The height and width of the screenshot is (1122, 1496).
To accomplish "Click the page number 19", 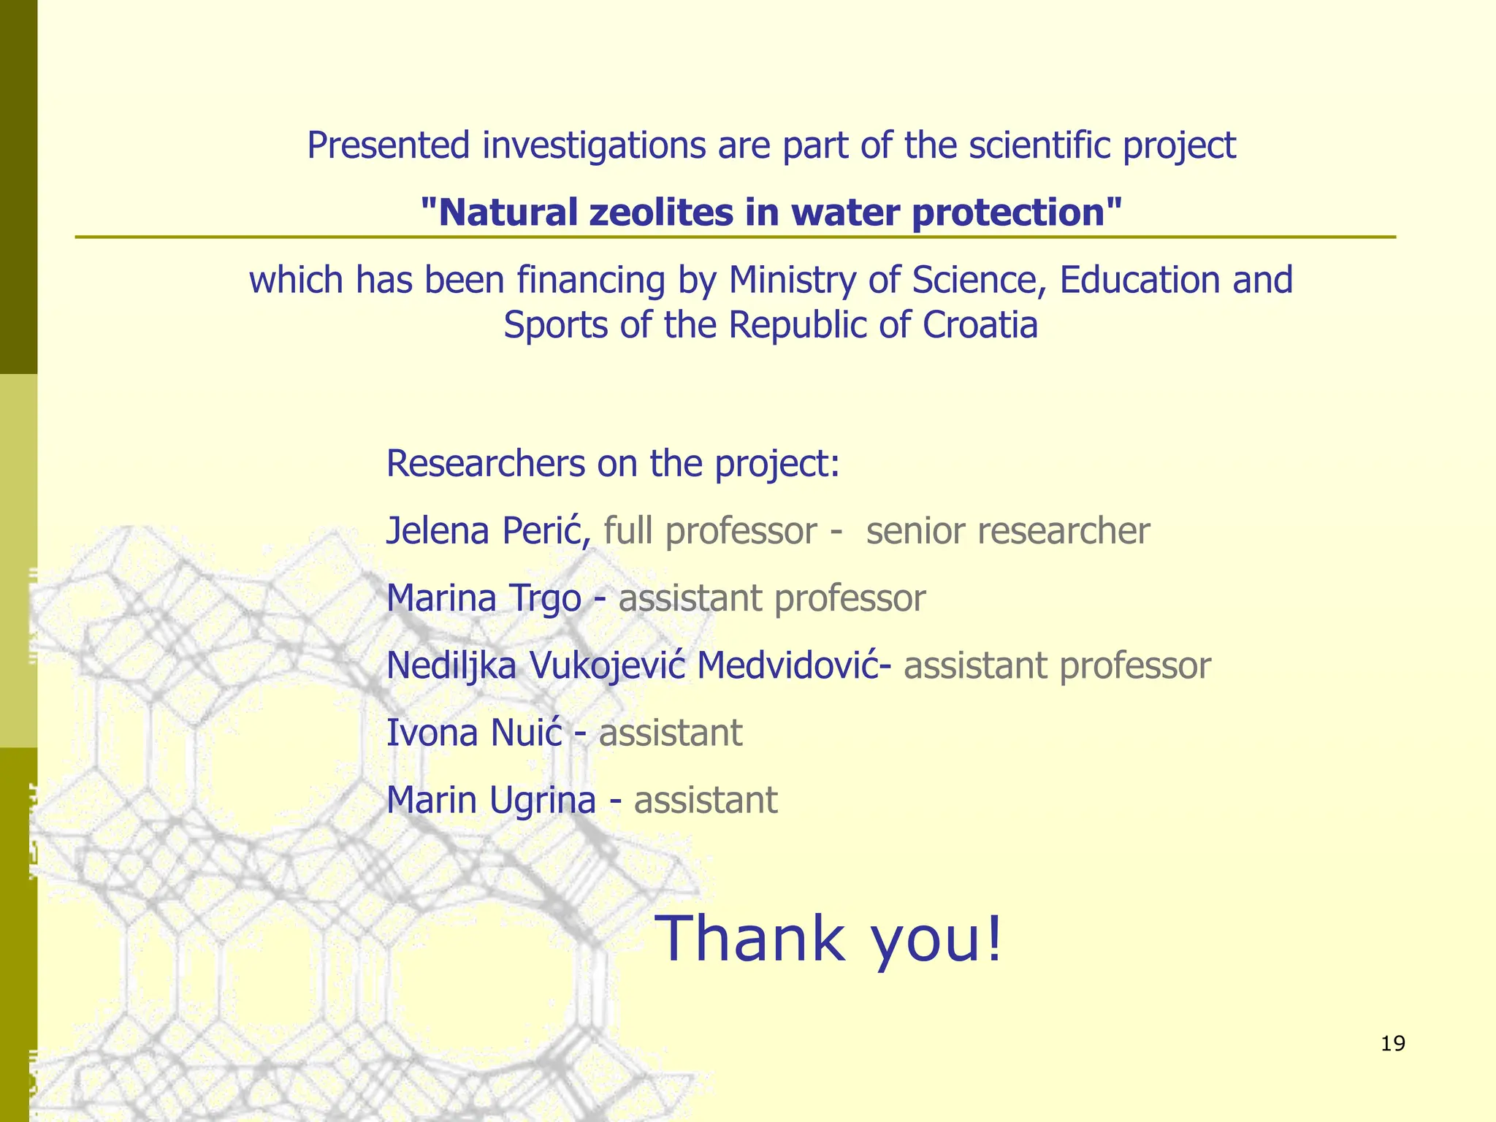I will pyautogui.click(x=1393, y=1044).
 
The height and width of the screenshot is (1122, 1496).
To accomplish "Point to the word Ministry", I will pyautogui.click(x=793, y=280).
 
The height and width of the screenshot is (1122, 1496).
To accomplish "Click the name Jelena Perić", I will pyautogui.click(x=488, y=531).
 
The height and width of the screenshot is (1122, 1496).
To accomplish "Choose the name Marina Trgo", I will pyautogui.click(x=484, y=598).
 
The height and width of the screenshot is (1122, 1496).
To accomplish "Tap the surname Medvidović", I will pyautogui.click(x=787, y=665).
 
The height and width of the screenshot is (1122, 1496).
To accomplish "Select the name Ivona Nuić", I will pyautogui.click(x=474, y=733).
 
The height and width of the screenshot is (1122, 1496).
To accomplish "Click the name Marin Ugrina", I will pyautogui.click(x=491, y=800).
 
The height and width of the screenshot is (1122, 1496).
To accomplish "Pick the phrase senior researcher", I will pyautogui.click(x=1008, y=531).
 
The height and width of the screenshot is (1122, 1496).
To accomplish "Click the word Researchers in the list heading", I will pyautogui.click(x=486, y=463).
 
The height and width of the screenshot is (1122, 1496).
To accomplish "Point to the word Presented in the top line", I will pyautogui.click(x=388, y=145).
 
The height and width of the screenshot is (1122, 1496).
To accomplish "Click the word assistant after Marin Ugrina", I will pyautogui.click(x=706, y=800).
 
